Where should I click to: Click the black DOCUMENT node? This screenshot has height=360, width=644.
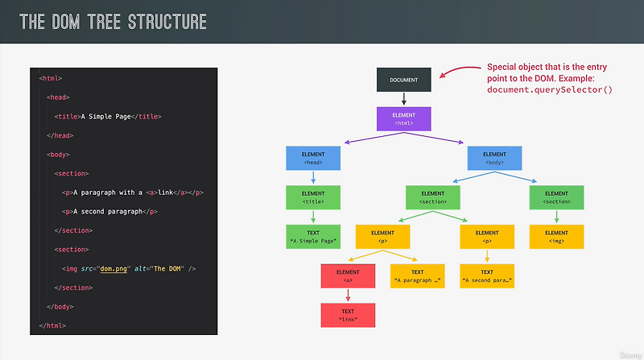(x=405, y=80)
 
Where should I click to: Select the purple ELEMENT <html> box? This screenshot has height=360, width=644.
(x=405, y=118)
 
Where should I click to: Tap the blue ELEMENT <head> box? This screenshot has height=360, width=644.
(x=313, y=158)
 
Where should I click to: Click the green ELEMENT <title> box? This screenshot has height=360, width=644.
(x=313, y=197)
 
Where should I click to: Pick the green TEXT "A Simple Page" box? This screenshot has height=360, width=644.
(x=313, y=237)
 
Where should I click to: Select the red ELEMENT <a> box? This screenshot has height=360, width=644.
(x=348, y=276)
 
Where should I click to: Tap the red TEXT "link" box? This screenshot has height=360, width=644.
(x=348, y=315)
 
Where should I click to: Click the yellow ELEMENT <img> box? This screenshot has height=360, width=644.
(x=556, y=237)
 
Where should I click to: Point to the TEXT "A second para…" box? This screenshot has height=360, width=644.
(x=487, y=276)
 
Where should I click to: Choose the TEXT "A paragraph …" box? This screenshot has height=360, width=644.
(x=417, y=276)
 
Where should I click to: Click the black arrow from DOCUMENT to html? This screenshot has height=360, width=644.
(x=405, y=99)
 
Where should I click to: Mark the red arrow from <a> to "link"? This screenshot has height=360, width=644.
(x=348, y=296)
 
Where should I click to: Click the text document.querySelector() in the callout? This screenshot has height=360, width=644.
(x=550, y=89)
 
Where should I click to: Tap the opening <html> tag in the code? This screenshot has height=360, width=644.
(x=51, y=78)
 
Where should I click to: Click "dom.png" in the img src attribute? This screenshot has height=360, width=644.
(x=114, y=268)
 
